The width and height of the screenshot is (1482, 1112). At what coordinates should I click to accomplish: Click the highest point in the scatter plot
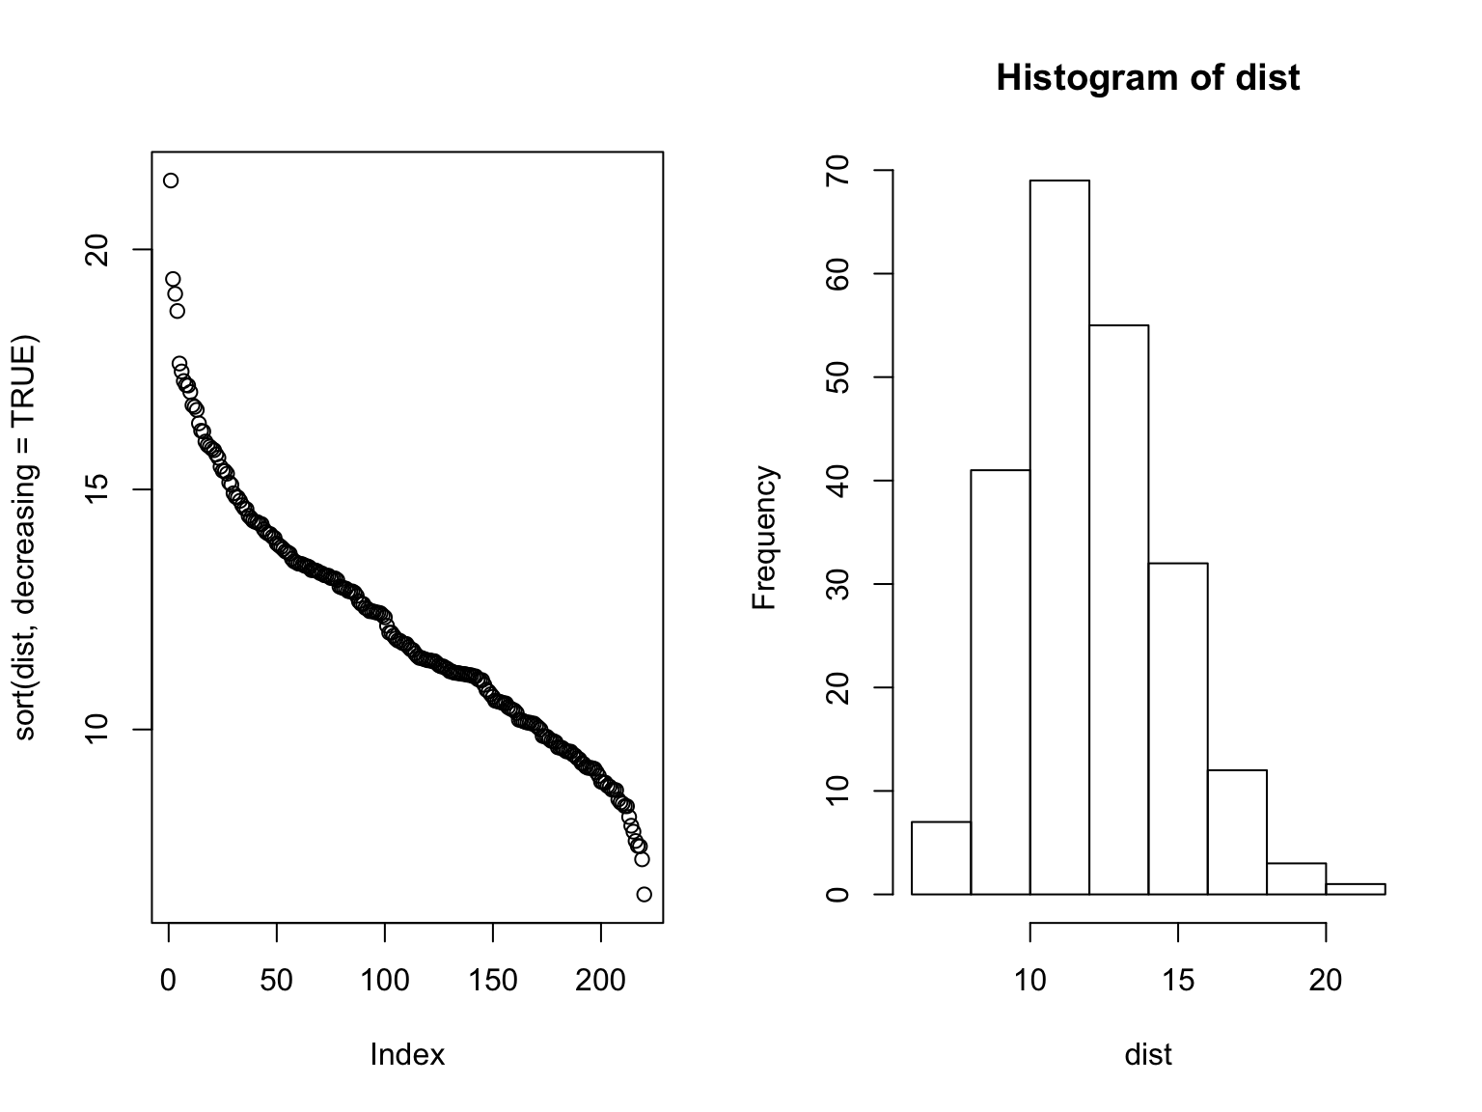[x=171, y=181]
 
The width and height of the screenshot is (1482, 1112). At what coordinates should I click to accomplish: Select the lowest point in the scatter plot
[x=645, y=894]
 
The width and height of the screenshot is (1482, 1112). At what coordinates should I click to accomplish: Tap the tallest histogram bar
[x=1059, y=537]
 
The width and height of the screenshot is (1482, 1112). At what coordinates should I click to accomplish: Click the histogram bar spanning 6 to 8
[x=941, y=858]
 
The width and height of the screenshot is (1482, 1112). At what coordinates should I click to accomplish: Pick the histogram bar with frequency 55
[x=1118, y=609]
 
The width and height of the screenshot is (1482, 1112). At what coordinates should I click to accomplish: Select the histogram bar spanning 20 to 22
[x=1355, y=889]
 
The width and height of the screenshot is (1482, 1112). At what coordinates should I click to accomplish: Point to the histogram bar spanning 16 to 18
[x=1237, y=832]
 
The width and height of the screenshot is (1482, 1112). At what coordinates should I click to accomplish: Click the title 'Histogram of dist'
[x=1147, y=77]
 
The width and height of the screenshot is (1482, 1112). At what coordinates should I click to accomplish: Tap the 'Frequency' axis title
[x=764, y=538]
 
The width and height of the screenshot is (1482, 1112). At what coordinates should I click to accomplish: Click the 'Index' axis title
[x=407, y=1055]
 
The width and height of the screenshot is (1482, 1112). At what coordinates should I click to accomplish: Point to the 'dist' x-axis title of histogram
[x=1147, y=1055]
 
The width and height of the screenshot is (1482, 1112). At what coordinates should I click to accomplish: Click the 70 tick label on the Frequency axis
[x=837, y=170]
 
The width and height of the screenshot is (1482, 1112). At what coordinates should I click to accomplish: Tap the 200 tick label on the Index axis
[x=601, y=981]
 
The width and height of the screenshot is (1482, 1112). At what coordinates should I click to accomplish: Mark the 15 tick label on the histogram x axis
[x=1178, y=981]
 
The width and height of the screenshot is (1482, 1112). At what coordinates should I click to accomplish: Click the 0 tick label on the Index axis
[x=169, y=981]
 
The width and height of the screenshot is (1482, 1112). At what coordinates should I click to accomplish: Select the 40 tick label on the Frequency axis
[x=837, y=481]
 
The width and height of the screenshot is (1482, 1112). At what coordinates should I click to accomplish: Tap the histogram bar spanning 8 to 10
[x=1001, y=681]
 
